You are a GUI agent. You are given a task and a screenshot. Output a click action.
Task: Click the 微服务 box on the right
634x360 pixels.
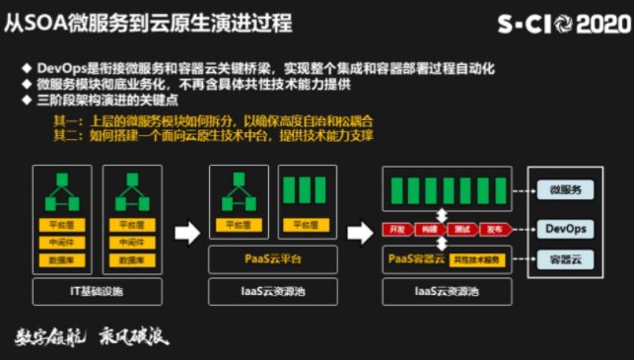pyautogui.click(x=566, y=189)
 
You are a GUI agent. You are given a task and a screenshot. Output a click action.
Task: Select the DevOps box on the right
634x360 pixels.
pyautogui.click(x=566, y=229)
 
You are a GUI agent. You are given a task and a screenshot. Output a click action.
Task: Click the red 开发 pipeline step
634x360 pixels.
pyautogui.click(x=397, y=230)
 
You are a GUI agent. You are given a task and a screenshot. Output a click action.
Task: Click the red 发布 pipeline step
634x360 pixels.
pyautogui.click(x=493, y=230)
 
